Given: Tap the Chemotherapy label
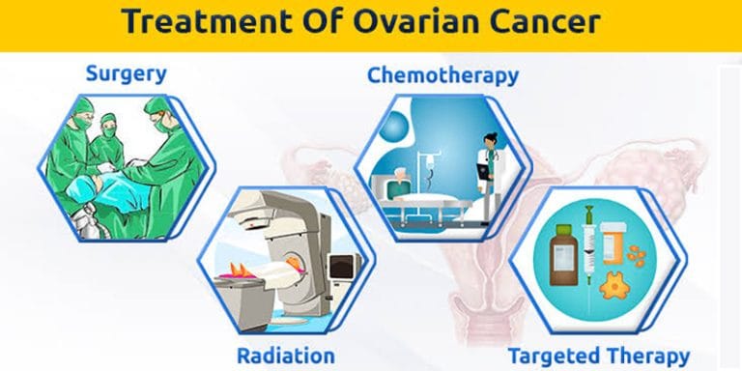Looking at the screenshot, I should click(442, 74).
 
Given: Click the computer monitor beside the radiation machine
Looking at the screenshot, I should click(343, 265).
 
